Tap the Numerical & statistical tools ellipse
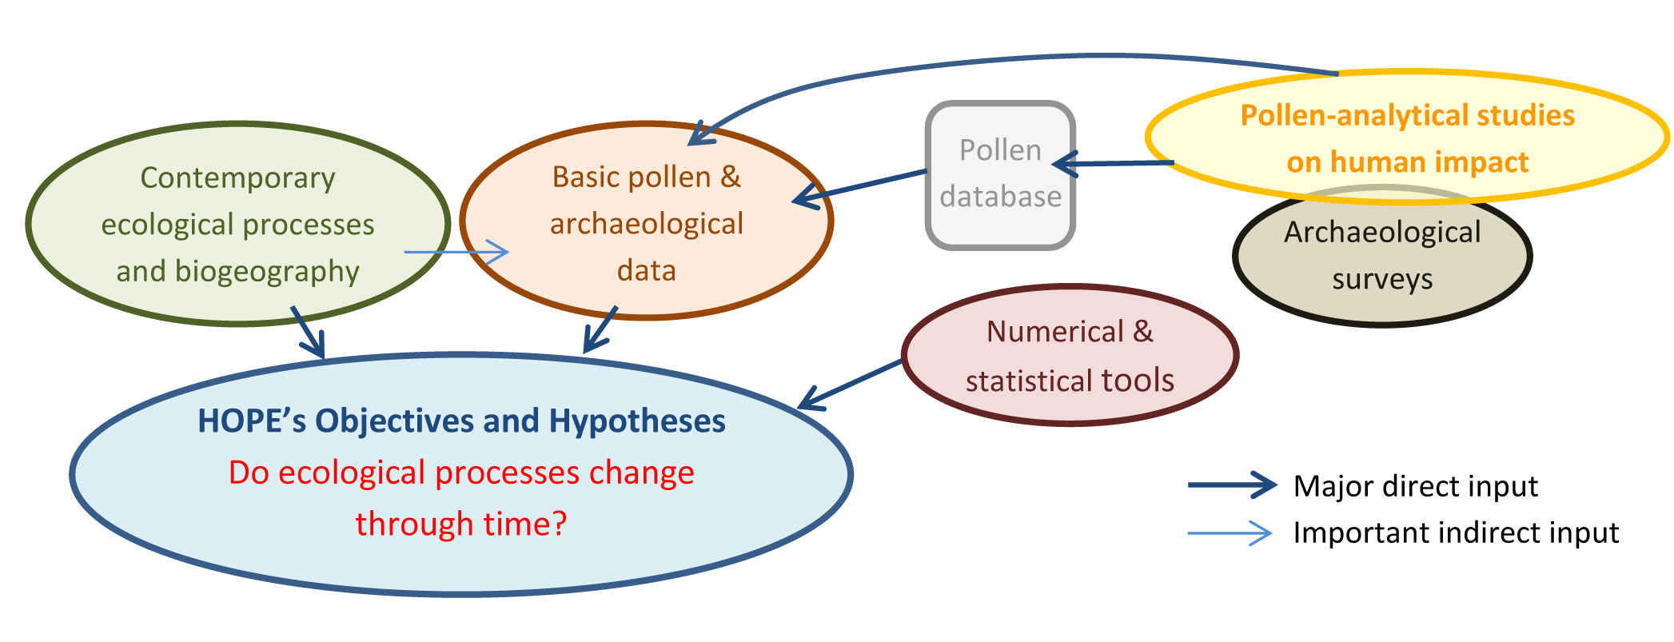[1070, 356]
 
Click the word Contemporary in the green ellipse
[237, 178]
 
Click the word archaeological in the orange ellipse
[646, 224]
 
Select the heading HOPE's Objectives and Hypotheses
[461, 421]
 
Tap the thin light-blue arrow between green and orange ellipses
[456, 252]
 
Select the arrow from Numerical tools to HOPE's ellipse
[849, 385]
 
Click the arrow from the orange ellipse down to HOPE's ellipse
[600, 328]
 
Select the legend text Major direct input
[1415, 486]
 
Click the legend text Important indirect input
[1456, 532]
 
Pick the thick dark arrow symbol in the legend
[1231, 484]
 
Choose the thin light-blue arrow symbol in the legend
[1230, 532]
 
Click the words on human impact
[1407, 162]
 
